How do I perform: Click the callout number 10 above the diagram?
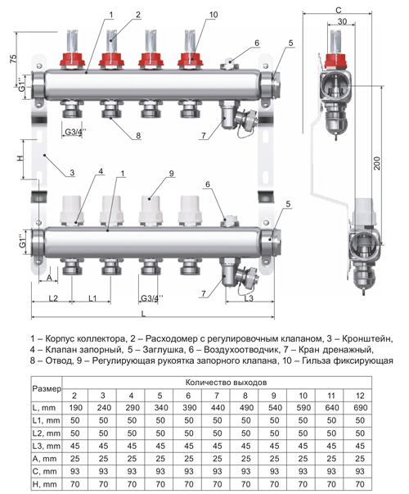point(213,15)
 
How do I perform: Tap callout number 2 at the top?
point(137,15)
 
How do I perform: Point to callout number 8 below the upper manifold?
point(138,136)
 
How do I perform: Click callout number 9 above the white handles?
point(171,174)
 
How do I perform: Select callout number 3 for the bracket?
point(72,172)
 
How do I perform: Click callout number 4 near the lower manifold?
point(101,170)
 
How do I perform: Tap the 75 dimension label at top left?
point(13,59)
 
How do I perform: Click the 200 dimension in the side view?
point(377,163)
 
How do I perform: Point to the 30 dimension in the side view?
point(342,21)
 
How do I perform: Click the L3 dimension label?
point(249,298)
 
